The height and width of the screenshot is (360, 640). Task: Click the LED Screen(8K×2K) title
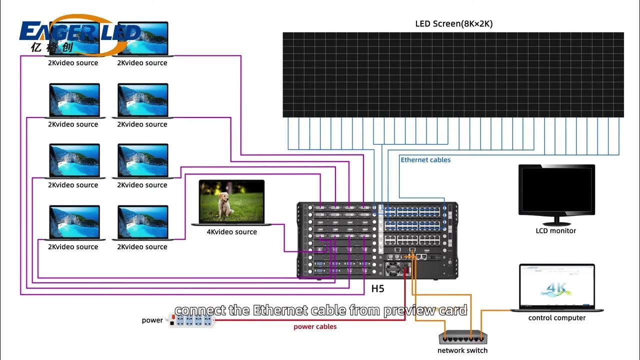(453, 23)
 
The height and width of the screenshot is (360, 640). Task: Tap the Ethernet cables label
(425, 160)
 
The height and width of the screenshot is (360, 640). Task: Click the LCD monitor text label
(555, 231)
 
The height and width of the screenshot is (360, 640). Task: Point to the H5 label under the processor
(377, 288)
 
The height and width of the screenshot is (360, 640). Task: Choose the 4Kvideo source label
(231, 232)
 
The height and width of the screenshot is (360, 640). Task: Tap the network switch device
(462, 338)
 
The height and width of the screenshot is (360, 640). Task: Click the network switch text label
(462, 350)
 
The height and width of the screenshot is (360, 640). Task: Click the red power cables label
(315, 327)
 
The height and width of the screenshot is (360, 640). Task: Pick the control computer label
(556, 318)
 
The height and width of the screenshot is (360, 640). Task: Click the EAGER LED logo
(80, 33)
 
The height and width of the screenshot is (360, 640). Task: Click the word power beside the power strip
(152, 320)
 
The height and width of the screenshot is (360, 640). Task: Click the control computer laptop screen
(556, 286)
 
